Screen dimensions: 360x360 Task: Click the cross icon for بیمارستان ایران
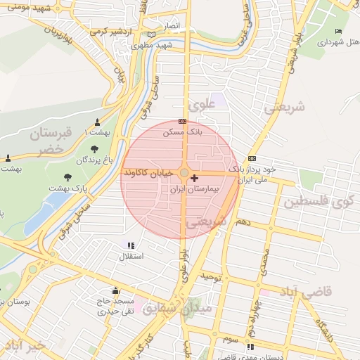tap(195, 179)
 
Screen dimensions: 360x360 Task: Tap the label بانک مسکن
tap(182, 131)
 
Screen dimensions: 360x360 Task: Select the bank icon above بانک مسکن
tap(183, 121)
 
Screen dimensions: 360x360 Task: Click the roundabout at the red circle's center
tap(184, 172)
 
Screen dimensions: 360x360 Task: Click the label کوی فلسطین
tap(319, 202)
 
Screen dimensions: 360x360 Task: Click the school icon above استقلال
tap(130, 245)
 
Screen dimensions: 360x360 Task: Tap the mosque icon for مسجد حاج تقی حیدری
tap(115, 290)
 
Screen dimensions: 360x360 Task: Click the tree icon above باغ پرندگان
tap(95, 149)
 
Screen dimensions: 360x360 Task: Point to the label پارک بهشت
tap(67, 188)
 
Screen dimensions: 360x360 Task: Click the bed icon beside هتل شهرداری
tap(339, 32)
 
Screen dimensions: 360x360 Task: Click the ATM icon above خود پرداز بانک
tap(252, 159)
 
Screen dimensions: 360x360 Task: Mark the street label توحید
tap(212, 277)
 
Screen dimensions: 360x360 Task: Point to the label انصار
tap(173, 25)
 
